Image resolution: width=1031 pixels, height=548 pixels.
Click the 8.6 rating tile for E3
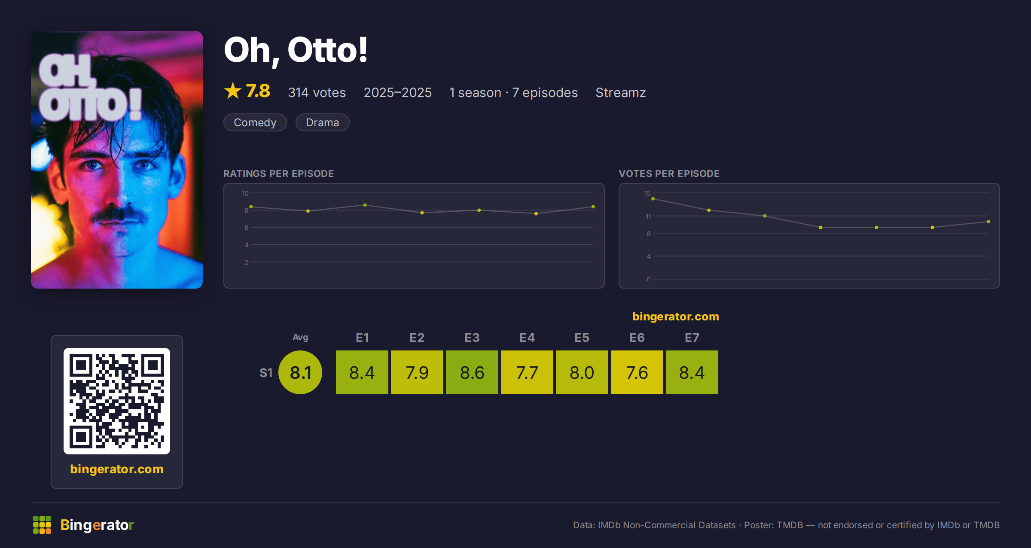472,372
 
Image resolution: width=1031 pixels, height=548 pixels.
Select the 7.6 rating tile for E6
637,372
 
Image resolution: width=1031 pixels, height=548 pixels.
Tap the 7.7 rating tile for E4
527,372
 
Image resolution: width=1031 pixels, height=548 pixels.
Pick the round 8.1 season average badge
300,372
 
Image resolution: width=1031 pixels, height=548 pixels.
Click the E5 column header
582,338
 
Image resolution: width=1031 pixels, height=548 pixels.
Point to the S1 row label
266,373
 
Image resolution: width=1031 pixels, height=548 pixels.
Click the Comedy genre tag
255,122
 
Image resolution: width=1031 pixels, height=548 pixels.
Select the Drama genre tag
323,122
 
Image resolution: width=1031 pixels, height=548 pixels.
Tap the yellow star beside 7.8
233,91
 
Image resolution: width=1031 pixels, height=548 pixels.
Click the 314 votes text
317,92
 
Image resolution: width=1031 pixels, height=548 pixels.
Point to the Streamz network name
621,92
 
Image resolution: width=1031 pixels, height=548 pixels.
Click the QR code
117,401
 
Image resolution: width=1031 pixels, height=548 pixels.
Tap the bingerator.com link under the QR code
117,469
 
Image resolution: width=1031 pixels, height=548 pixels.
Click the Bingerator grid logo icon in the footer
42,525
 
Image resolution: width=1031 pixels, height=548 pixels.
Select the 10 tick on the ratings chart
245,193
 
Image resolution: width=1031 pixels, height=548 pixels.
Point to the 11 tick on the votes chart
648,216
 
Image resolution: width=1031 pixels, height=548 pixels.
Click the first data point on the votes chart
653,199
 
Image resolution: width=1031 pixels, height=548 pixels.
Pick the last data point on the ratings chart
593,207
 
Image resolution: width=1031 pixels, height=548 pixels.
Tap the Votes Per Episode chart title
669,174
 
